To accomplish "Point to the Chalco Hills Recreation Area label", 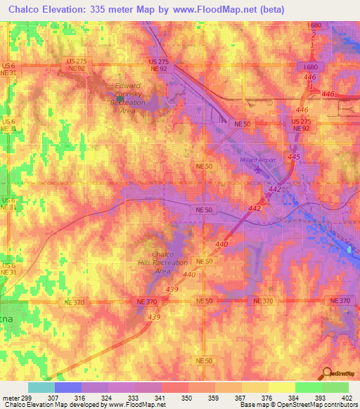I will point(162,263).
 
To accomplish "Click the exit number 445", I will point(294,156).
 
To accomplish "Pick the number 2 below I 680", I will point(311,35).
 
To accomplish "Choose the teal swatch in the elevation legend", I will point(41,387).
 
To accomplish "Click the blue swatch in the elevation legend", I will point(68,387).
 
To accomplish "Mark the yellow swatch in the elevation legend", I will point(282,387).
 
